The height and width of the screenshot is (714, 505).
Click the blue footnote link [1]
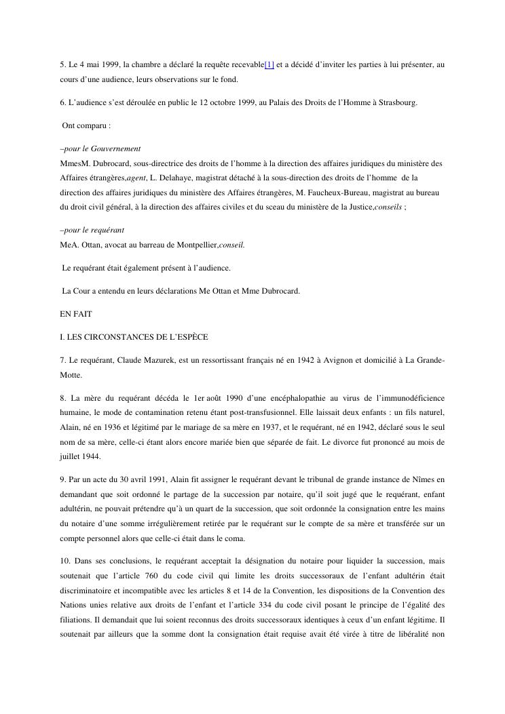pyautogui.click(x=269, y=64)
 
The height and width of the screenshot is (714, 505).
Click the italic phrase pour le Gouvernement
pyautogui.click(x=102, y=148)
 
